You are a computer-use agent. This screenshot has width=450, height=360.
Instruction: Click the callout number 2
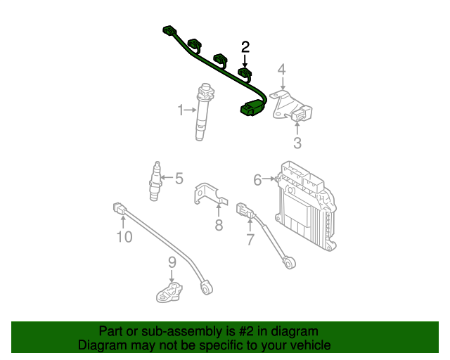245,47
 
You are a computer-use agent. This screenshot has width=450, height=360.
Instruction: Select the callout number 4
282,69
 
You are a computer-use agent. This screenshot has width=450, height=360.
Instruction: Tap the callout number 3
297,143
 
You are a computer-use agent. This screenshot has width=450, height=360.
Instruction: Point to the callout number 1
181,110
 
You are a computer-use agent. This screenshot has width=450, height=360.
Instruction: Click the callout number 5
179,179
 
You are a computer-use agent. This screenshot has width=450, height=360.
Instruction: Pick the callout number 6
257,180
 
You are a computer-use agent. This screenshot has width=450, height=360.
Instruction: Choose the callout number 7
250,240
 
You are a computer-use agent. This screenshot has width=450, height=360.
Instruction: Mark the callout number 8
219,225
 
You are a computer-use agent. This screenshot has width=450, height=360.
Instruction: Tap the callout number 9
172,262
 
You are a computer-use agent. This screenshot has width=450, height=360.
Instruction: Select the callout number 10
124,237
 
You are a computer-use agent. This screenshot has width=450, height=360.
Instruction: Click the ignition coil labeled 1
205,112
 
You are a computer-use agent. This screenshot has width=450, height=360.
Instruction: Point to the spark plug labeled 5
155,181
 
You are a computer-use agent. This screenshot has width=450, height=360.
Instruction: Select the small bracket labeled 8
208,193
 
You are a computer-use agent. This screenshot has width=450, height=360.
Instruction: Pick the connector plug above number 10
120,208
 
